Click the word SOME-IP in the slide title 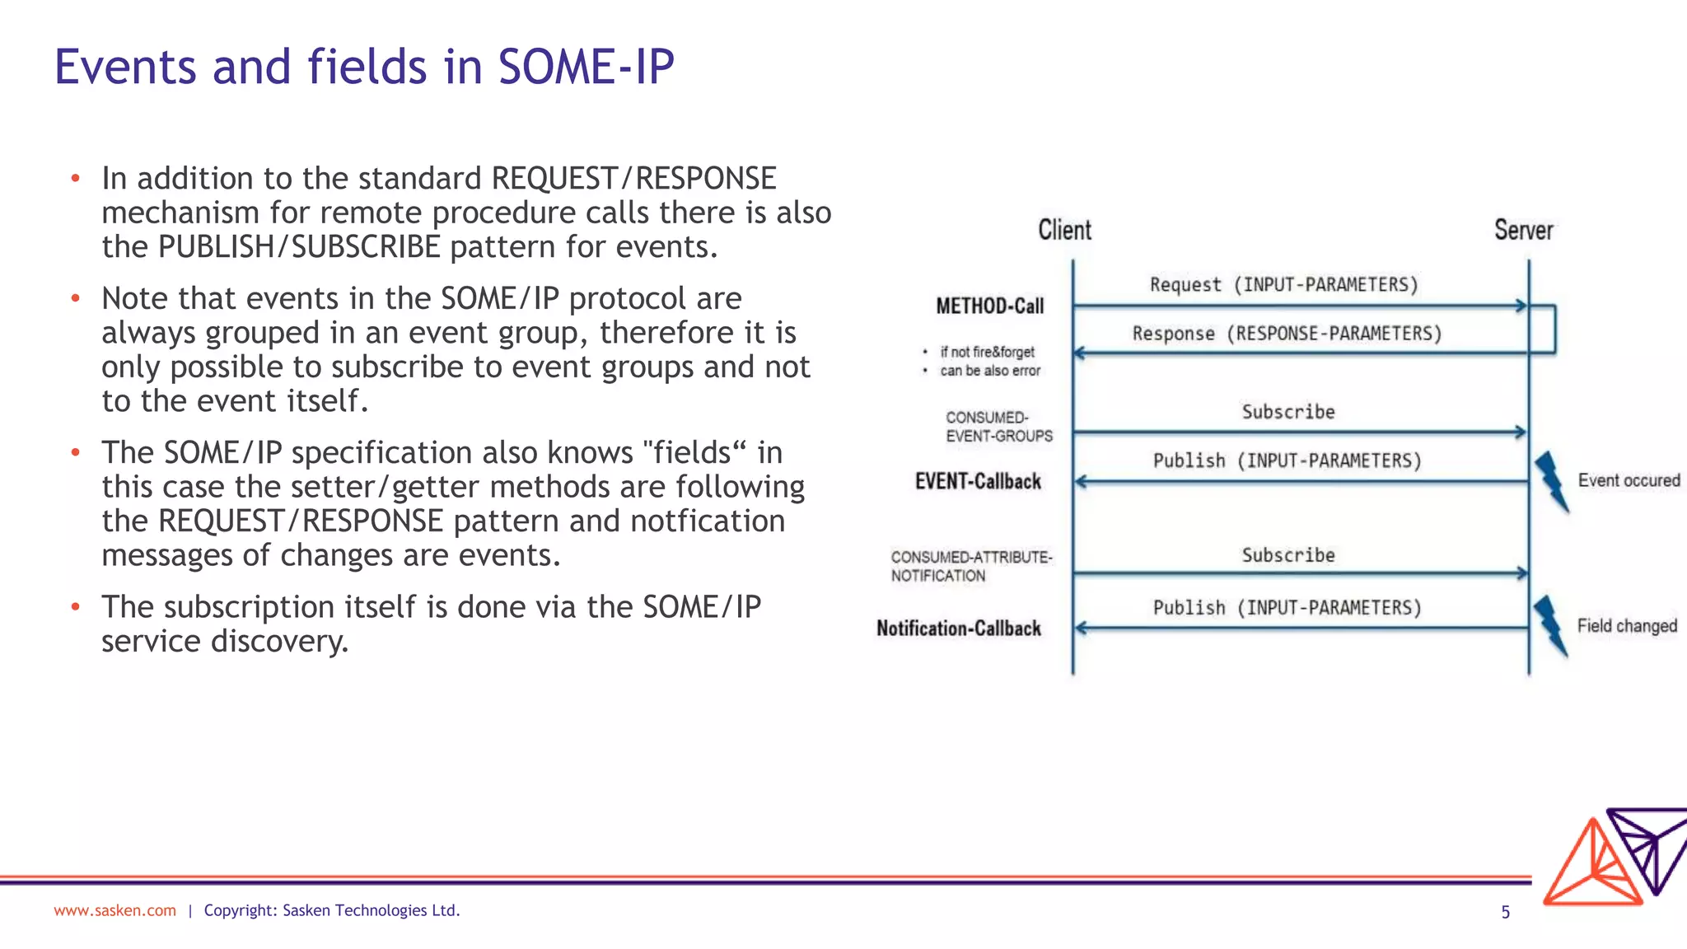(586, 67)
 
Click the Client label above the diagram (1064, 230)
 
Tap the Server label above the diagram (1523, 230)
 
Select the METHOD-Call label (989, 306)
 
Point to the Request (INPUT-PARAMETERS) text (1283, 285)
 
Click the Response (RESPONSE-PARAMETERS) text (1287, 334)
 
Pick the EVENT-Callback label (978, 482)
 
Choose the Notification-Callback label (958, 629)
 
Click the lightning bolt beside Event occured (1551, 481)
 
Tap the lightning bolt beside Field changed (1550, 625)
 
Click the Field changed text (1627, 626)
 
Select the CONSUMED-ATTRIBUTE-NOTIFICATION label (970, 566)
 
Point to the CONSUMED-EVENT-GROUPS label (998, 427)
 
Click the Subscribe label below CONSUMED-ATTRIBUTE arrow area (1287, 555)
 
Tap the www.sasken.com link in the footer (114, 910)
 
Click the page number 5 (1505, 912)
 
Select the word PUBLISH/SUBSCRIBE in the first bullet (299, 247)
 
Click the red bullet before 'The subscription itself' (75, 607)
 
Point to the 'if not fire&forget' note (987, 352)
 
